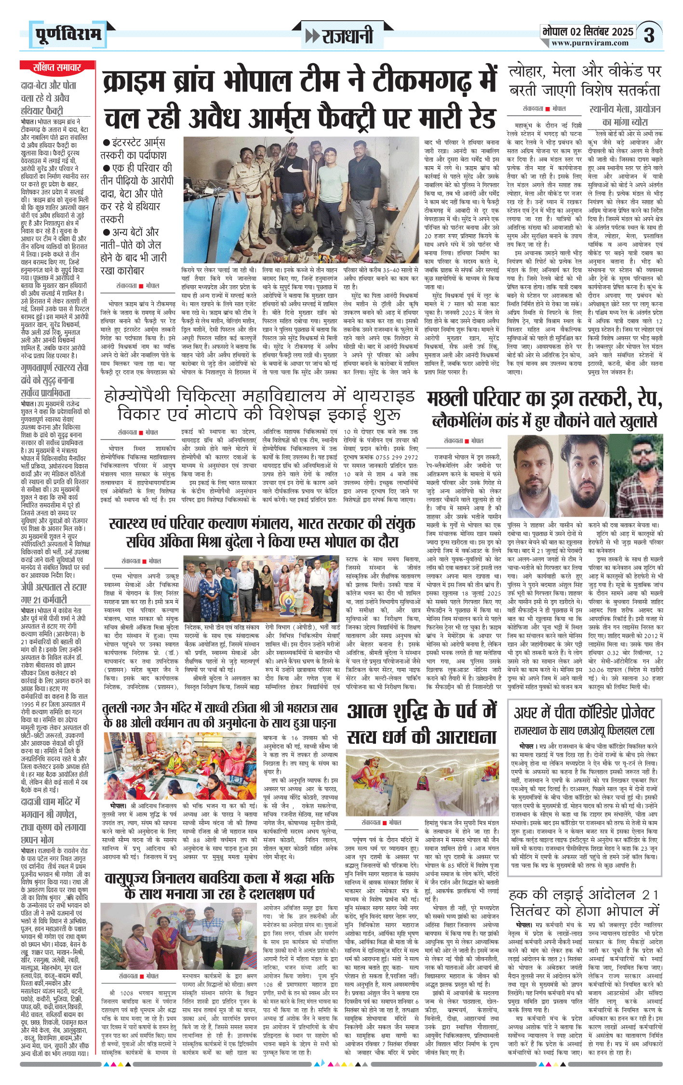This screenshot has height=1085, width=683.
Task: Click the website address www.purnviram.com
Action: tap(589, 43)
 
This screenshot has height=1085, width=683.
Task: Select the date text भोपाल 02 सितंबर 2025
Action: tap(588, 32)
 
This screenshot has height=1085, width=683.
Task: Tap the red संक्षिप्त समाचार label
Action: tap(56, 67)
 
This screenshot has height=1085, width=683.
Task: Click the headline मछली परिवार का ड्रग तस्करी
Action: tap(544, 399)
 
